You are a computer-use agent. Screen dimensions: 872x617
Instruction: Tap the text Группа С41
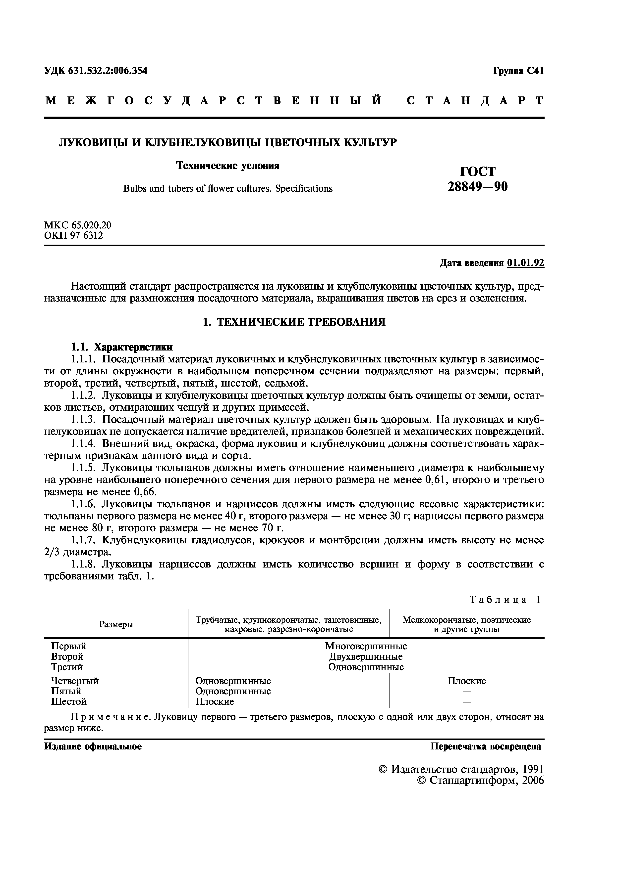tap(518, 71)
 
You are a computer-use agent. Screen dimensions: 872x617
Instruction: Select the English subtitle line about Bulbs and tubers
tap(228, 188)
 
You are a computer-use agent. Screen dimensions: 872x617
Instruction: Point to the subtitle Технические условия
tap(228, 166)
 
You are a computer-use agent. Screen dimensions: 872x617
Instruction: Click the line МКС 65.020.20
tap(78, 225)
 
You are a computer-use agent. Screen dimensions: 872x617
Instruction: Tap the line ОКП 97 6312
tap(74, 235)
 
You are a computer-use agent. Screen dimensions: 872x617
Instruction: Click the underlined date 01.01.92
tap(525, 263)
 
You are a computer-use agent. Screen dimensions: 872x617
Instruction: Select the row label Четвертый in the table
tap(75, 681)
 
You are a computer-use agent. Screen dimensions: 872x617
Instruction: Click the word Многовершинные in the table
tap(366, 646)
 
